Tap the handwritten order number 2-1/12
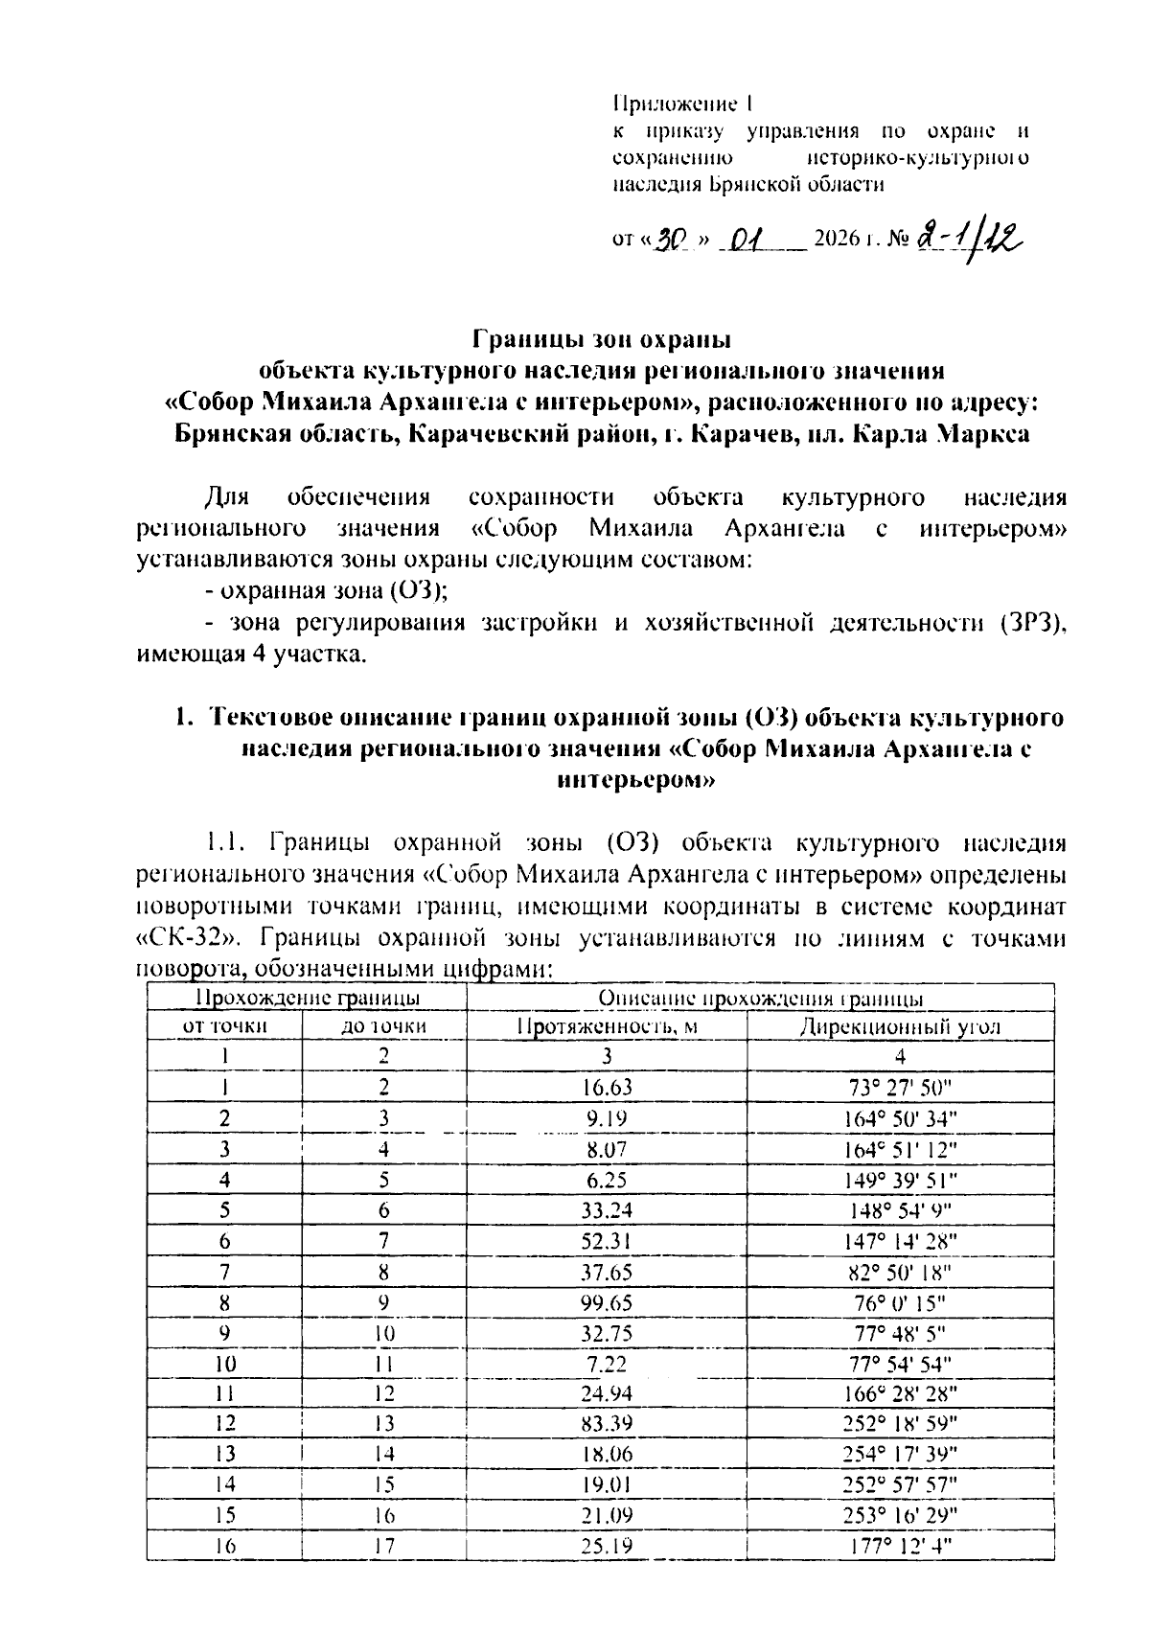point(968,236)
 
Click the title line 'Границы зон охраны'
point(603,339)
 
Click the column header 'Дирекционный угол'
point(900,1026)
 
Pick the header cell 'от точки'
point(224,1026)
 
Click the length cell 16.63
point(607,1087)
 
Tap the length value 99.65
point(607,1302)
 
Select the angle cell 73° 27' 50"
point(900,1087)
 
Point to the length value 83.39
point(607,1423)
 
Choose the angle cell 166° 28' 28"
point(900,1392)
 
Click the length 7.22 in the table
point(607,1363)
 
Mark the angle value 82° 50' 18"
point(900,1272)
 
